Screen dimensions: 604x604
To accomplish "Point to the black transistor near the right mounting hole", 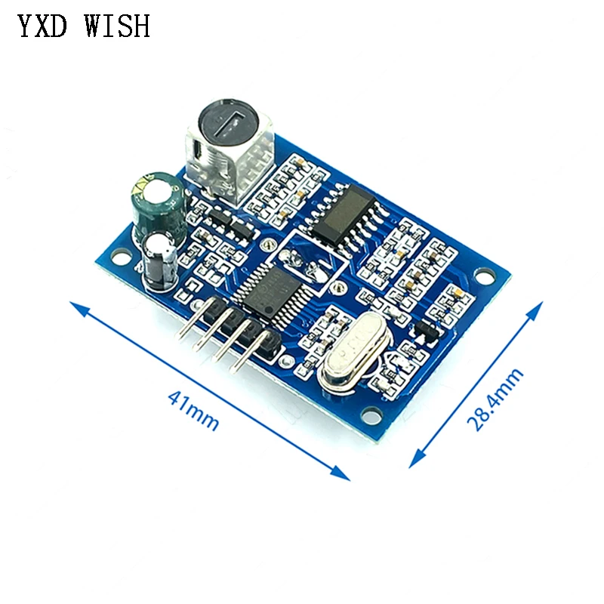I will pyautogui.click(x=424, y=329).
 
